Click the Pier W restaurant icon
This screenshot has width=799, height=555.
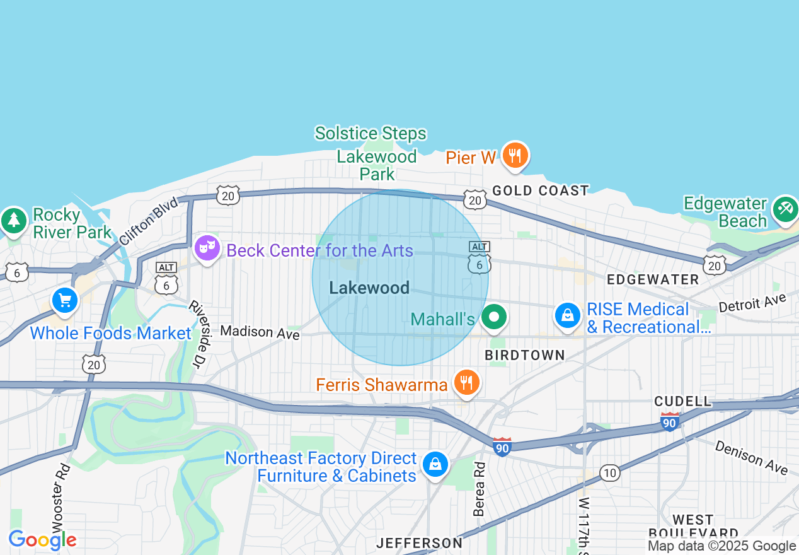[515, 155]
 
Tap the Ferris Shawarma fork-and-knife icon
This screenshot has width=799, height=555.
[466, 382]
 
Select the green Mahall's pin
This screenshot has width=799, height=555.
[494, 317]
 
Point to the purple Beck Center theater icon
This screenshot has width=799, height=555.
[207, 248]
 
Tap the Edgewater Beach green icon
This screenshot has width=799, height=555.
[785, 208]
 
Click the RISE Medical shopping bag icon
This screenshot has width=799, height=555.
[567, 315]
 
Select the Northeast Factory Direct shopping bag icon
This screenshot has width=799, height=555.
[435, 465]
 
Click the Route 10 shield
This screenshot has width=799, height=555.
[609, 473]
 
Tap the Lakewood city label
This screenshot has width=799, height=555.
[369, 288]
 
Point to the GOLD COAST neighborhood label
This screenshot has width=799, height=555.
[541, 190]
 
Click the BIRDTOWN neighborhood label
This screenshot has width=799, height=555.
[525, 356]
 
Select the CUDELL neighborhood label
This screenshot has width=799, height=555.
[682, 401]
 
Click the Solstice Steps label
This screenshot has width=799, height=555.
[371, 134]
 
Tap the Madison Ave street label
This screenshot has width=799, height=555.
[260, 332]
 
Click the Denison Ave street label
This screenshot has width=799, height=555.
[751, 457]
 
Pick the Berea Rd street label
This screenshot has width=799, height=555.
[480, 489]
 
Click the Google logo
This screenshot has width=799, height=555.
[42, 540]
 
